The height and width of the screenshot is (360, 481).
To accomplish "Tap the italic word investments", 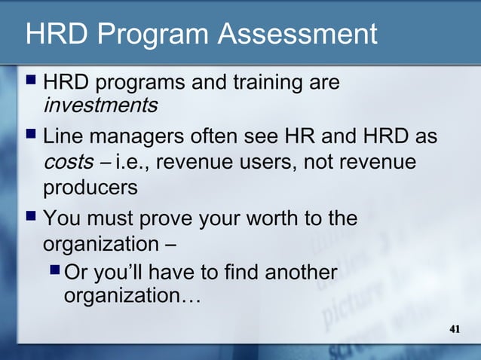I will [100, 105].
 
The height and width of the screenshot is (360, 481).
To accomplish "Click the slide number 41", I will [455, 329].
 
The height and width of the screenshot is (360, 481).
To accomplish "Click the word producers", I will [90, 187].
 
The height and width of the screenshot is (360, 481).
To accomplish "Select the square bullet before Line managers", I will [31, 138].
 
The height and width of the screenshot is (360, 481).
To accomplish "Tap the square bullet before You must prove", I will [31, 220].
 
